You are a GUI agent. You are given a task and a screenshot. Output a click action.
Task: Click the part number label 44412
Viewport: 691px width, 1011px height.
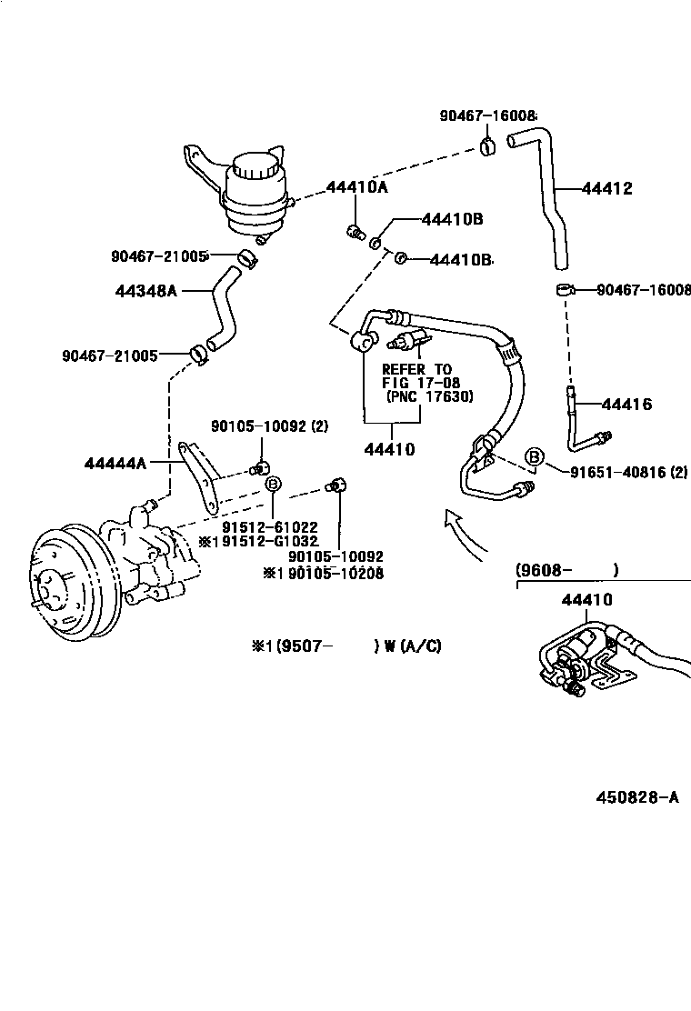coord(606,189)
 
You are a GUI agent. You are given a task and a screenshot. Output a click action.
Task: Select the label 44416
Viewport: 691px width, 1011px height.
coord(626,405)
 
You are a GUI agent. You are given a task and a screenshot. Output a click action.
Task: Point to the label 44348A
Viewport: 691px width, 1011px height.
coord(145,291)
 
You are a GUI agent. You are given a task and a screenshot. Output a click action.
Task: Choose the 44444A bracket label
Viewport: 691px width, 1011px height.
coord(115,463)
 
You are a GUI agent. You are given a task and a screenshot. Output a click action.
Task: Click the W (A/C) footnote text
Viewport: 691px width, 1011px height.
coord(413,646)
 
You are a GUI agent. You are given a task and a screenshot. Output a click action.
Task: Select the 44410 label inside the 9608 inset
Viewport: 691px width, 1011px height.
coord(586,600)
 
